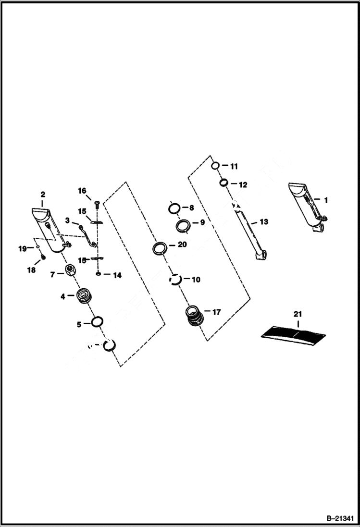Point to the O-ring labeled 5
tap(96, 322)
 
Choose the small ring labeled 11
tap(216, 166)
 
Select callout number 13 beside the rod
tap(264, 222)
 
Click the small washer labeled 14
tap(98, 274)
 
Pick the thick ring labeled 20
tap(160, 248)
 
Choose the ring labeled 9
tap(183, 225)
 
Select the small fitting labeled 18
tap(42, 257)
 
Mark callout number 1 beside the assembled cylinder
tap(325, 199)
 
